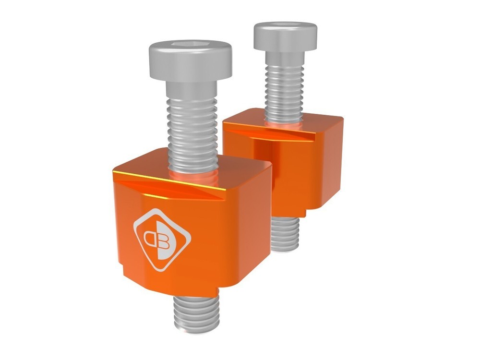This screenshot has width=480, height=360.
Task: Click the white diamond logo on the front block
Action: coord(161,239)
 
